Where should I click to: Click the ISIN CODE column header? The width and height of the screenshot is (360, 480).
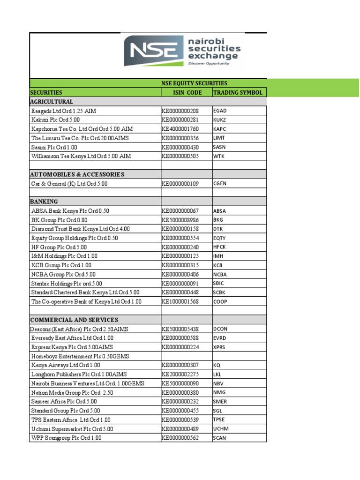click(x=187, y=92)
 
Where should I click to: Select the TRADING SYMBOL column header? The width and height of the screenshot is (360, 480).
click(x=238, y=92)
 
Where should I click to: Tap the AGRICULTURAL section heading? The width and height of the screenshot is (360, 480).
click(x=52, y=102)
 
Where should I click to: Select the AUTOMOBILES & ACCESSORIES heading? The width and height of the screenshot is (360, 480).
click(x=77, y=174)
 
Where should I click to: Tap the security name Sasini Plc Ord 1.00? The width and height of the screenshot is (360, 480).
click(x=54, y=147)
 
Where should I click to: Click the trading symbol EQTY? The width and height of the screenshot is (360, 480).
click(x=219, y=238)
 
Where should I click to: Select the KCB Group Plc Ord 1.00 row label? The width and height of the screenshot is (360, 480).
click(x=61, y=265)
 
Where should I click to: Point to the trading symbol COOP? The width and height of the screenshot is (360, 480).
click(x=220, y=302)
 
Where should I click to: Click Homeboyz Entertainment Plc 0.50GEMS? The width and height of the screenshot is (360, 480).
click(x=79, y=356)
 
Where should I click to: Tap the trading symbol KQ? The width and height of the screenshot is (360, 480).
click(x=217, y=365)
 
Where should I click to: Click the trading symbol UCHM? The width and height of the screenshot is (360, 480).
click(x=220, y=429)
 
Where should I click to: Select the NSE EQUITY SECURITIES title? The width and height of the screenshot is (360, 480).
click(x=194, y=83)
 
